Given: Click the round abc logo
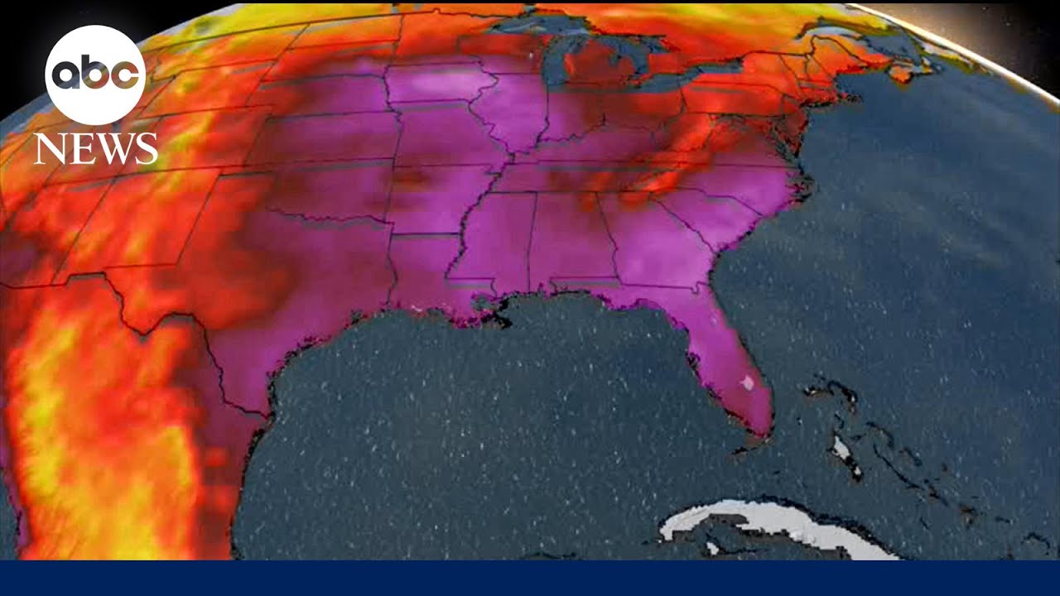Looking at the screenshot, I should click(95, 75).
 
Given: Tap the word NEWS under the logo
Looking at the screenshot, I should click(95, 148).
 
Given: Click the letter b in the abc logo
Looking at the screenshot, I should click(95, 74).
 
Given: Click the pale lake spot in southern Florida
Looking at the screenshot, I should click(748, 383).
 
